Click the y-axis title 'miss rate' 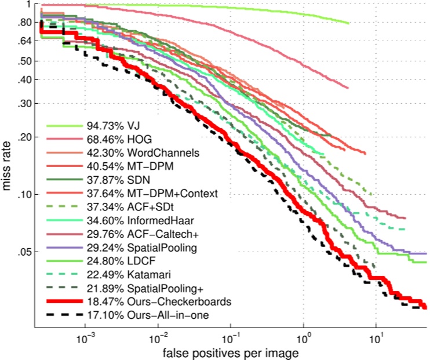tap(8, 168)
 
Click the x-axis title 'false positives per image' tap(231, 352)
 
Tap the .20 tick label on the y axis tap(24, 137)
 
